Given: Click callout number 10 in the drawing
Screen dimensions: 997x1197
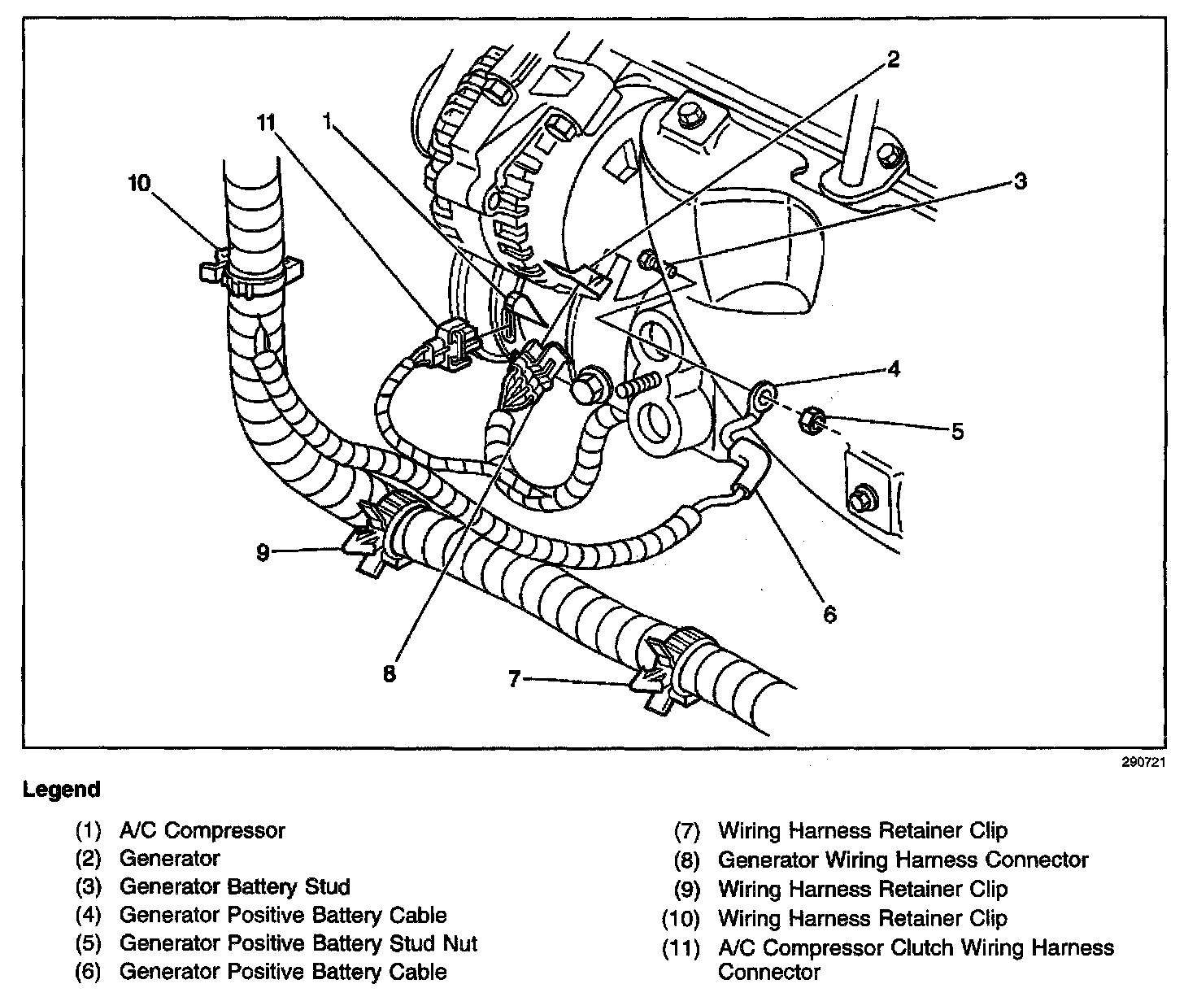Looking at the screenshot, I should [139, 184].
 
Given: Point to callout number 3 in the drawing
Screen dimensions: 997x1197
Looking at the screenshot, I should [1021, 181].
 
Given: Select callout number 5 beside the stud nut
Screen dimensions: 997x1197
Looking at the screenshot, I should [957, 430].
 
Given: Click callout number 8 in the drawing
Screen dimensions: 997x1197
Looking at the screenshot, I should [390, 674].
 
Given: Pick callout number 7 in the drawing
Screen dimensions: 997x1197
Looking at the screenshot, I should [513, 678].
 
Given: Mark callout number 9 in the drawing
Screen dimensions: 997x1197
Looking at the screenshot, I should [262, 553].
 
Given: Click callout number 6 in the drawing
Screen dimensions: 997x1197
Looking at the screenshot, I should [829, 613].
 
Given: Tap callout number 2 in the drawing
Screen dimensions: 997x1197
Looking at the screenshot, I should [893, 60].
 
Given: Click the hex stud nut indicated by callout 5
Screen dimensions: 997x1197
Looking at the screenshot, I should [815, 420].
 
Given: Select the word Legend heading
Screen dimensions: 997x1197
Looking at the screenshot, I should [62, 790].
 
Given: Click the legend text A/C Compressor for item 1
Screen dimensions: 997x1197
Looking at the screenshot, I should [202, 831].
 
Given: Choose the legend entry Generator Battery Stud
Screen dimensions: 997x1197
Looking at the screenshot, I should [234, 887].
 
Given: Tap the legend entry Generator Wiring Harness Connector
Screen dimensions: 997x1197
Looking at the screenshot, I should [903, 860].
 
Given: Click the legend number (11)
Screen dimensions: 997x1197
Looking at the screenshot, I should [681, 948].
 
